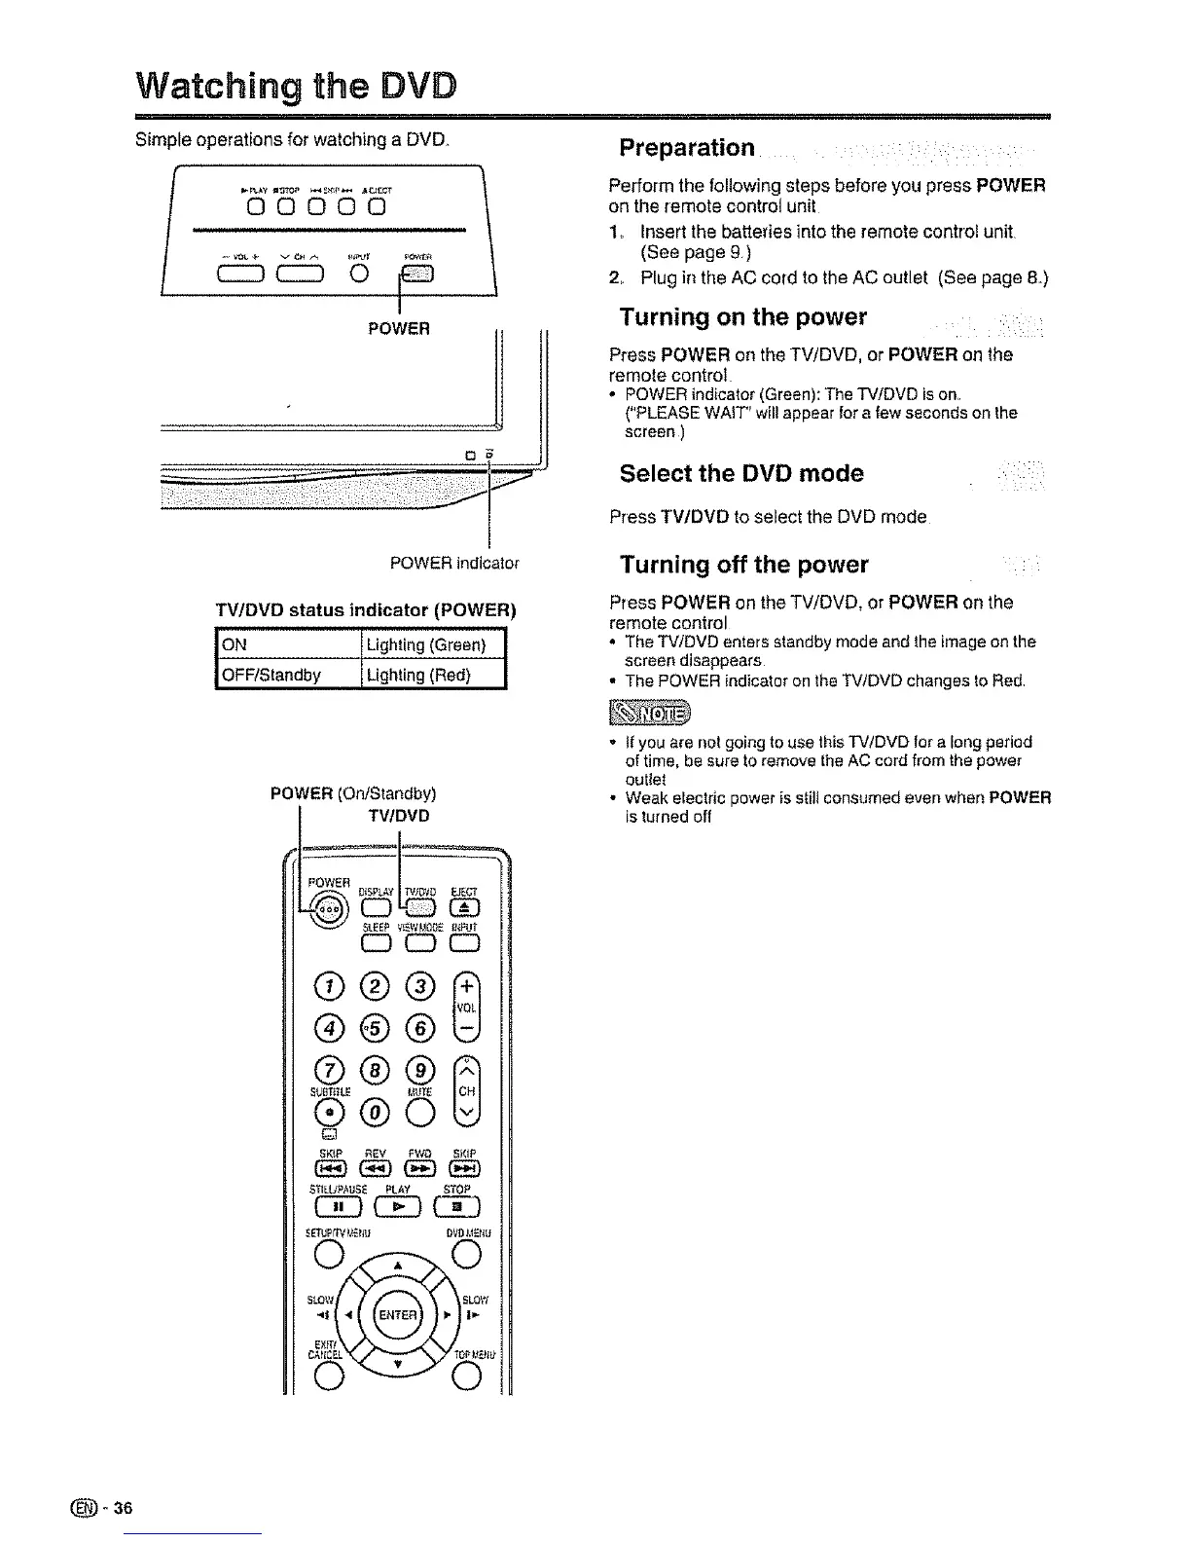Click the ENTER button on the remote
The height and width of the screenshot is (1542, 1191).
click(x=396, y=1317)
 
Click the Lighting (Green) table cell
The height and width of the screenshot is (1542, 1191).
click(x=433, y=645)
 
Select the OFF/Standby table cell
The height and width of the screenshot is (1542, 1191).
click(x=287, y=675)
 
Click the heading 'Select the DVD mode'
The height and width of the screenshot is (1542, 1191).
click(x=741, y=474)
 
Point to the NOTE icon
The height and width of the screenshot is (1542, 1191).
click(x=648, y=715)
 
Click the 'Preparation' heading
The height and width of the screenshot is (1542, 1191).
click(x=687, y=148)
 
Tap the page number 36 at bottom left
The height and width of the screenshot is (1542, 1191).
click(x=122, y=1509)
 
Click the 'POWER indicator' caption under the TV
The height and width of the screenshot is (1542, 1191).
click(x=454, y=563)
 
